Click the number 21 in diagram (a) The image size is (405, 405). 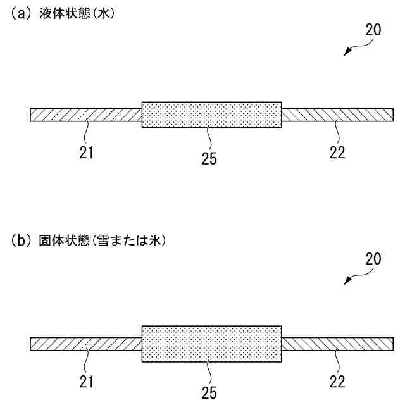pos(87,153)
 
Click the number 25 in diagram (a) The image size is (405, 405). pos(209,158)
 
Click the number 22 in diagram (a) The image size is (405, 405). pos(337,153)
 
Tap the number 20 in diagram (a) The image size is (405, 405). pos(373,29)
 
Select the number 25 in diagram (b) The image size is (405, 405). pos(209,393)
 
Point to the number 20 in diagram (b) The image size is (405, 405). pos(373,259)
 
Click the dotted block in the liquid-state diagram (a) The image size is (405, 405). pos(211,115)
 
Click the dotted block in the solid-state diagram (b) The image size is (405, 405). pos(211,344)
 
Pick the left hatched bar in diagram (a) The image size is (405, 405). pos(85,115)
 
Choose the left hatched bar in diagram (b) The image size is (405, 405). pos(85,344)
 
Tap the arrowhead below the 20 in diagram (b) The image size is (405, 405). pos(347,283)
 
